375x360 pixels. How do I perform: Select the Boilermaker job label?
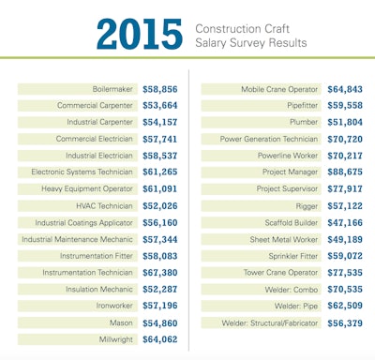pyautogui.click(x=113, y=89)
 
